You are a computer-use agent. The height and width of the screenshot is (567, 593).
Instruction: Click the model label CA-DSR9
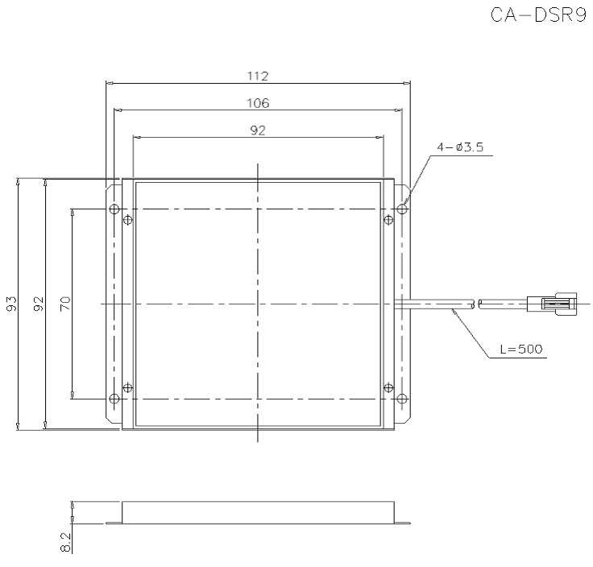(537, 17)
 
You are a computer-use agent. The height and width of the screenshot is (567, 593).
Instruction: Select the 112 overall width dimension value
(257, 76)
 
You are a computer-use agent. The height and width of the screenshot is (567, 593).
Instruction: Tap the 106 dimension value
(257, 102)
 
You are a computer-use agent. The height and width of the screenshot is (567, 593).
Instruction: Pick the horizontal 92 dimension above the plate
(257, 130)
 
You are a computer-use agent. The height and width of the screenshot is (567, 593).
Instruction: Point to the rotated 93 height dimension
(11, 304)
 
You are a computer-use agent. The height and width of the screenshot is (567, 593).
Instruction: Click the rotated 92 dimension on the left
(38, 304)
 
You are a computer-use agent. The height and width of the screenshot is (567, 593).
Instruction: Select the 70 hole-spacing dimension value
(66, 304)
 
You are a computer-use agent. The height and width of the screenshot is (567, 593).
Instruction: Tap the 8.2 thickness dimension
(66, 542)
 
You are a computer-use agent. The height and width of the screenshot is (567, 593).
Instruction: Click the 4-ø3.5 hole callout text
(459, 147)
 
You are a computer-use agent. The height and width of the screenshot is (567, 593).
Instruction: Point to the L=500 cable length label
(520, 349)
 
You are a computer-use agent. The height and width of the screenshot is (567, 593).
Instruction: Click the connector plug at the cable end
(551, 304)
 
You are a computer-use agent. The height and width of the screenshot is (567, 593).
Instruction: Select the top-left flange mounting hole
(114, 209)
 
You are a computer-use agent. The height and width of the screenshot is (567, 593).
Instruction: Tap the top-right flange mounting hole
(401, 209)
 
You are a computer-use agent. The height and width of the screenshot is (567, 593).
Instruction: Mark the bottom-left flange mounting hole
(114, 398)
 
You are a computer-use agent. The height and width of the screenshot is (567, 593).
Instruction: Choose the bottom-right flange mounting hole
(401, 398)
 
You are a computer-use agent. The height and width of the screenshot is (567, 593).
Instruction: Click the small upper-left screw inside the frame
(129, 220)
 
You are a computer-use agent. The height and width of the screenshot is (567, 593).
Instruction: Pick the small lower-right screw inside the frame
(388, 387)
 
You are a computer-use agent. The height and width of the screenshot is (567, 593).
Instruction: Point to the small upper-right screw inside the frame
(388, 220)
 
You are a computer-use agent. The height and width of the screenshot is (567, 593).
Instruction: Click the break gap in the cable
(476, 304)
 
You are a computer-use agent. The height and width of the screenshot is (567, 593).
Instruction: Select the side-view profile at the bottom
(257, 512)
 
